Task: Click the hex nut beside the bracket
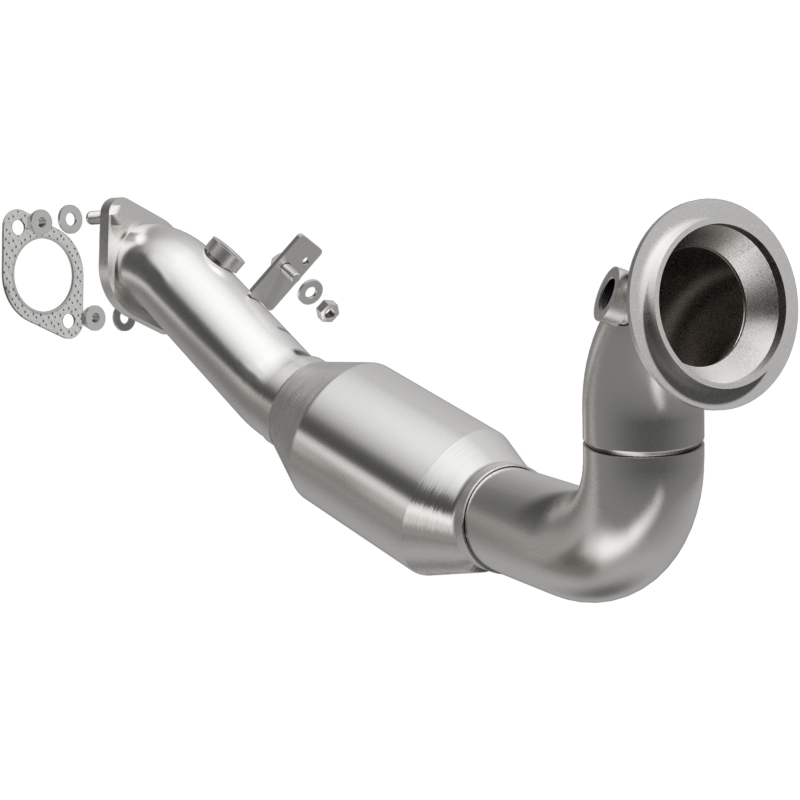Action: (325, 310)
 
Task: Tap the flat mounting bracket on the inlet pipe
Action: (290, 265)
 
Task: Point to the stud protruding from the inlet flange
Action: (93, 215)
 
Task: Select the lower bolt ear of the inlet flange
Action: (123, 320)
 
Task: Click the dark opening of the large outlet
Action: (705, 300)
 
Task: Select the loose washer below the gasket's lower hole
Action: (94, 317)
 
